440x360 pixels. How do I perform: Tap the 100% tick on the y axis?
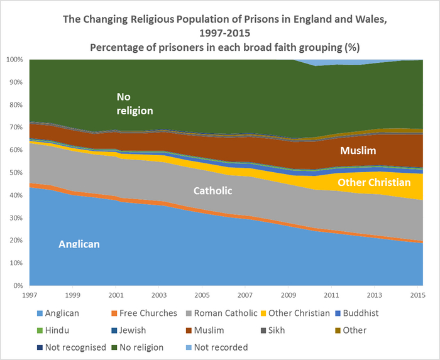click(14, 60)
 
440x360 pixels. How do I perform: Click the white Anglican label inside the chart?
click(79, 244)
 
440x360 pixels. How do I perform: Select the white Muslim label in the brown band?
click(358, 151)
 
